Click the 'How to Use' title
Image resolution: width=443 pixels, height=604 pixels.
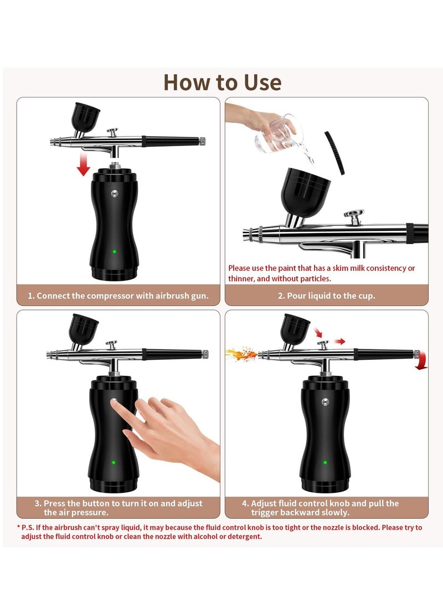222,82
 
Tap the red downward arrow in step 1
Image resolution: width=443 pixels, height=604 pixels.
83,164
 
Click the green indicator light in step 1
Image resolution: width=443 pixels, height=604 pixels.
115,251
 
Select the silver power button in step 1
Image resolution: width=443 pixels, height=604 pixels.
115,193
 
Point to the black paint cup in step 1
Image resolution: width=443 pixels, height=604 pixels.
85,117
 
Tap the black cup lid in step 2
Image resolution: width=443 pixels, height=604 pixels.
334,153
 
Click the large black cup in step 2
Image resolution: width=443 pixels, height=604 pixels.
305,192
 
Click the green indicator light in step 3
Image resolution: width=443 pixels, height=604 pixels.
114,462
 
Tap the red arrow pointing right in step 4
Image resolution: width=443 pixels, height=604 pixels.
339,341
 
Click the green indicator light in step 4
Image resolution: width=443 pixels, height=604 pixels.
325,462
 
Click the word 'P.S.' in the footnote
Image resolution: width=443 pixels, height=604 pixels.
28,528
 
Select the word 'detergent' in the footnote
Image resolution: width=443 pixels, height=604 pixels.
245,536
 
